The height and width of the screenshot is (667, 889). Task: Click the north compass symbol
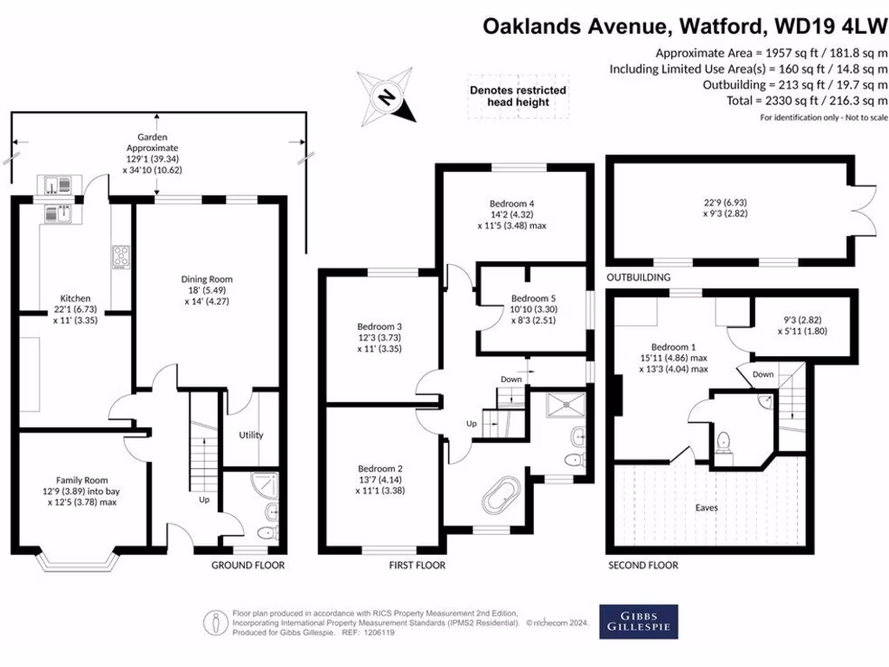pos(388,96)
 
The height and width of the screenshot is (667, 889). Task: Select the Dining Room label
pos(207,279)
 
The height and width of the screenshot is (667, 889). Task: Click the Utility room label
pos(250,434)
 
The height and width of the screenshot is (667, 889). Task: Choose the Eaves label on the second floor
pos(706,506)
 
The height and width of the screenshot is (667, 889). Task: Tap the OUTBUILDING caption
pos(638,277)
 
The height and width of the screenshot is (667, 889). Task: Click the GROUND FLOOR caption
pos(248,565)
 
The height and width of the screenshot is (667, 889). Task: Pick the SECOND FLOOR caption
pos(642,565)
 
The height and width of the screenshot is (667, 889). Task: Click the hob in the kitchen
pos(119,257)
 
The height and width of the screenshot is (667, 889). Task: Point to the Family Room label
pos(83,479)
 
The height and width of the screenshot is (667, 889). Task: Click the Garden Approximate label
pos(152,142)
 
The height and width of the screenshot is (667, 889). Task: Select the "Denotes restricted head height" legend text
pos(518,96)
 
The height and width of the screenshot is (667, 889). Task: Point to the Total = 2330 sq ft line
pos(794,101)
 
